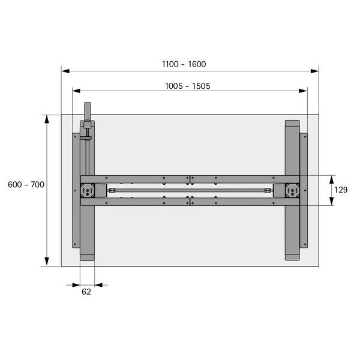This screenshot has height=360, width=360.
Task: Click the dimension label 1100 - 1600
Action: (184, 64)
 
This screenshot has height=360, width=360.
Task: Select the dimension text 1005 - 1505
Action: (188, 86)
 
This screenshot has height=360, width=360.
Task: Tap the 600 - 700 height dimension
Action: (26, 185)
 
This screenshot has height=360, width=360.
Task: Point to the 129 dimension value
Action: (341, 190)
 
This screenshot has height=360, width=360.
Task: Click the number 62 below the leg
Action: (86, 292)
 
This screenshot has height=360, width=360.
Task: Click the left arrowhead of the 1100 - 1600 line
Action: (65, 71)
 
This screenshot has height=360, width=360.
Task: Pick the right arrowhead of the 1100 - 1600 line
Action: (314, 71)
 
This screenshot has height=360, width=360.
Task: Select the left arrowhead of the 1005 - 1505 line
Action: (76, 91)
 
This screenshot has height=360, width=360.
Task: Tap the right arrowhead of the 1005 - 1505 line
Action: (303, 91)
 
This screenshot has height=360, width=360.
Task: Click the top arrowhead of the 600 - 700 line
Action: (47, 119)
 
